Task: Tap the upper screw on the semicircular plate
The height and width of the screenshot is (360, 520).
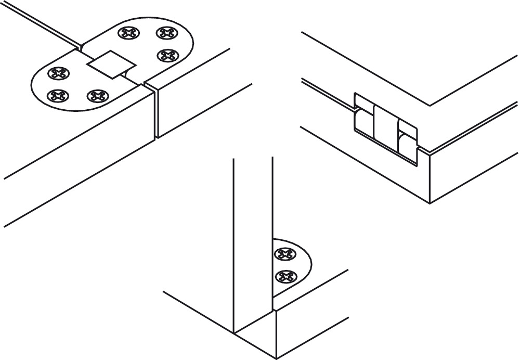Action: click(284, 254)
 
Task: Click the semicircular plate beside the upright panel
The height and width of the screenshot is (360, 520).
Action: click(299, 265)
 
